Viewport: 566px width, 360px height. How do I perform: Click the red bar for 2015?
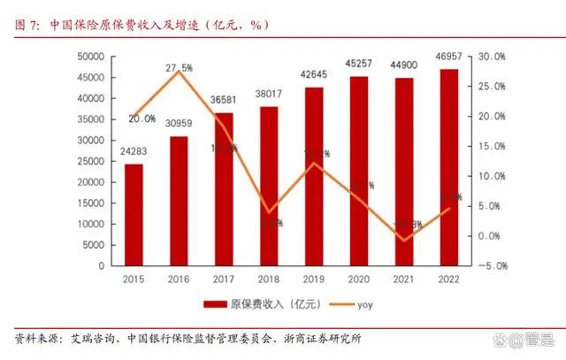134,214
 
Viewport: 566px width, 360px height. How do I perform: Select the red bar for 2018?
269,186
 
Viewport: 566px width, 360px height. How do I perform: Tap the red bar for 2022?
449,167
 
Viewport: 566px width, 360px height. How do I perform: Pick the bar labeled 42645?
314,176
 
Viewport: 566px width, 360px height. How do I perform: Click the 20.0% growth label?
141,118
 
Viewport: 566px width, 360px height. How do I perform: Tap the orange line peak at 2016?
179,72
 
